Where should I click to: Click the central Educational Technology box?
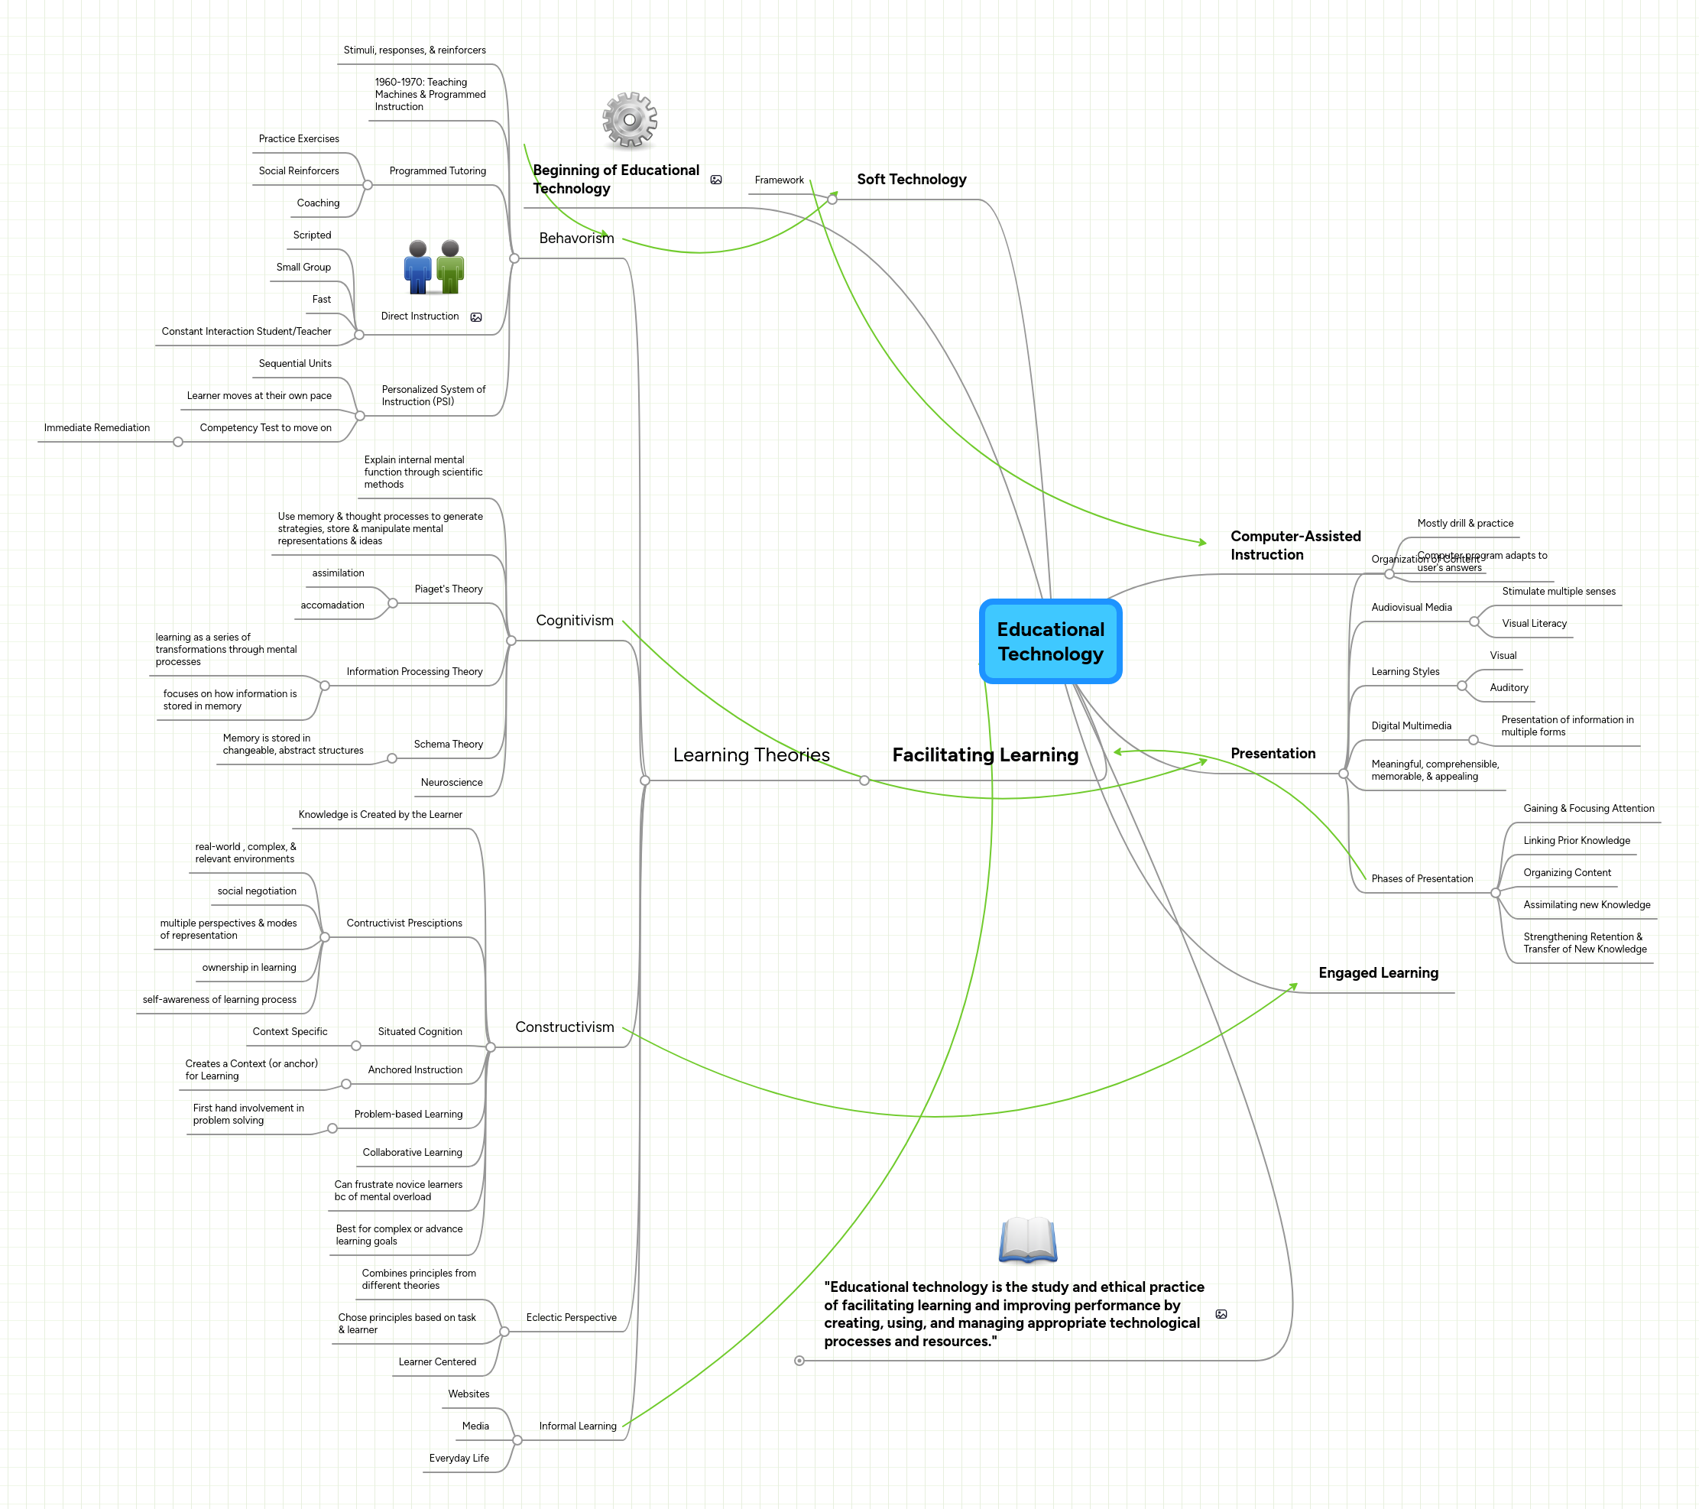click(1051, 642)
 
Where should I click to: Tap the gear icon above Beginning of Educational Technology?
click(629, 120)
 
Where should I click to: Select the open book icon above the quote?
click(1027, 1240)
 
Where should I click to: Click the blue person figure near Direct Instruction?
click(417, 267)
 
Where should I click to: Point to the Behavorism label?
click(576, 239)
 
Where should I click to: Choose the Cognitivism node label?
click(575, 620)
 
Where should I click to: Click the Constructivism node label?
click(564, 1027)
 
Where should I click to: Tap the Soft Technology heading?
click(911, 180)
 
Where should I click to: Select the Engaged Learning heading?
click(1377, 972)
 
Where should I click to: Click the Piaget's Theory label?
click(448, 589)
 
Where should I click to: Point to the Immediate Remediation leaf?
click(96, 428)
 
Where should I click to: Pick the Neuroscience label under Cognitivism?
click(452, 782)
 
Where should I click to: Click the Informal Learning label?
click(578, 1426)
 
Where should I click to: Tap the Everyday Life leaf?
click(459, 1459)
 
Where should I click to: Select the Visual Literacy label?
click(1534, 624)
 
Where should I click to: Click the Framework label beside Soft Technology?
click(779, 180)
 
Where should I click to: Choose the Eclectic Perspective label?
click(571, 1318)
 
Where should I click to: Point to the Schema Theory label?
click(448, 744)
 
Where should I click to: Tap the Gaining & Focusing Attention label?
click(1587, 809)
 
